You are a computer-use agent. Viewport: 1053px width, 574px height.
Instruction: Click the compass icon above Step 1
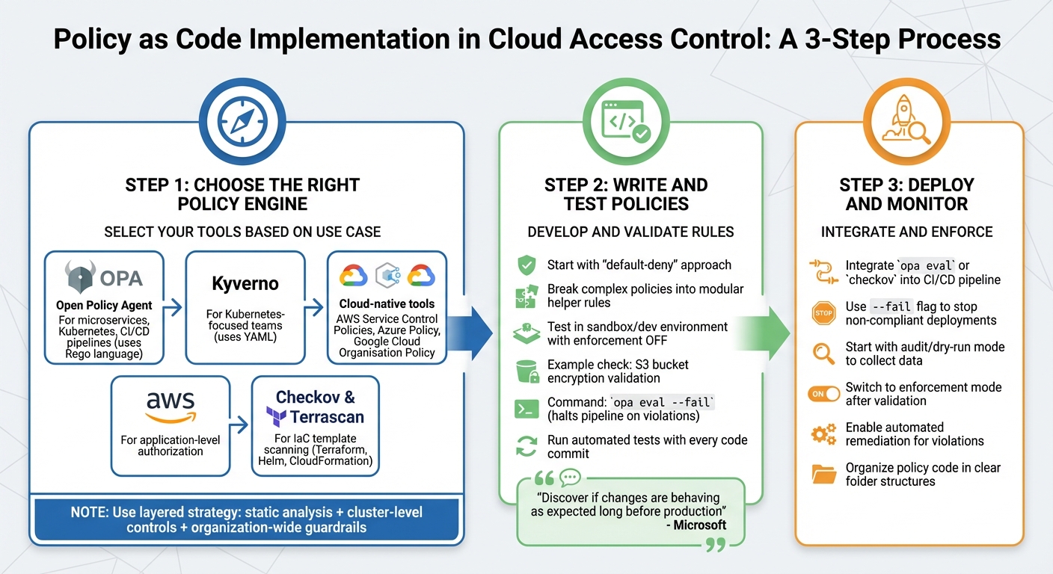tap(246, 122)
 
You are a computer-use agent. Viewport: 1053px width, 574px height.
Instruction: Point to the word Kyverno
tap(245, 284)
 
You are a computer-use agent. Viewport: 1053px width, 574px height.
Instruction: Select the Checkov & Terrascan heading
tap(315, 407)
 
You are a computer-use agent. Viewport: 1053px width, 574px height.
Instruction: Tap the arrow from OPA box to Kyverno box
tap(174, 306)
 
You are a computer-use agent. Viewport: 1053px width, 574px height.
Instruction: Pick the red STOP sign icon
tap(823, 313)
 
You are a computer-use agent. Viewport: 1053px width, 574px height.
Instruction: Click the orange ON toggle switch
tap(823, 394)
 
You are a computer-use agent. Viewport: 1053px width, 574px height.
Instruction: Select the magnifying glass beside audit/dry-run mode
tap(823, 353)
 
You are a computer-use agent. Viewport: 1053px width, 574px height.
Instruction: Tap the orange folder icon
tap(823, 474)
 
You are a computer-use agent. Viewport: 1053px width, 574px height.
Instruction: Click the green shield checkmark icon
tap(526, 265)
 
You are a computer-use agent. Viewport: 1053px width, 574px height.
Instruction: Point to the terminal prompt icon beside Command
tap(526, 409)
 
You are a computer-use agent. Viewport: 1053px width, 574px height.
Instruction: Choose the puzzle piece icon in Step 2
tap(526, 296)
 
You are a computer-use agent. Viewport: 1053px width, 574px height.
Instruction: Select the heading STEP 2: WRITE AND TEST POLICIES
tap(625, 194)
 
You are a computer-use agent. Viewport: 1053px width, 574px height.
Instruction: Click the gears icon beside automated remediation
tap(823, 434)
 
